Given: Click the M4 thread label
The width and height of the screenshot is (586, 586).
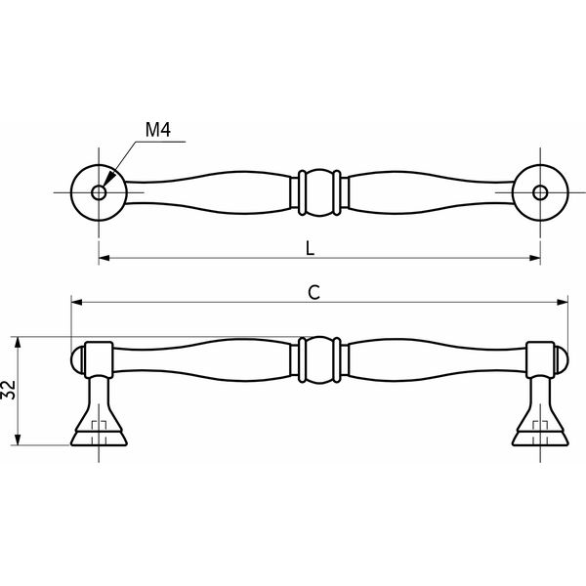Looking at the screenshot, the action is click(x=157, y=130).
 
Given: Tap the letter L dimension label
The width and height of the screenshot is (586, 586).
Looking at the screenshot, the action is click(x=310, y=248).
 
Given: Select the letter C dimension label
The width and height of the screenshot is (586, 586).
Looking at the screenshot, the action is click(x=314, y=293).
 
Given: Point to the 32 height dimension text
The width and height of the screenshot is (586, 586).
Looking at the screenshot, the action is click(x=8, y=390).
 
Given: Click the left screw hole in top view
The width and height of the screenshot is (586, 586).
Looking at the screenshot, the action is click(x=99, y=192).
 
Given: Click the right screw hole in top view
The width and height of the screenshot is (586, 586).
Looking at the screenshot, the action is click(x=540, y=192).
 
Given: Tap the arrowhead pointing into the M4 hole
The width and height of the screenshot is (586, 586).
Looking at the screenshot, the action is click(x=108, y=179).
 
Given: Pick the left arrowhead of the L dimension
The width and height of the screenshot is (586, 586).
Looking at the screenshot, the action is click(x=105, y=258).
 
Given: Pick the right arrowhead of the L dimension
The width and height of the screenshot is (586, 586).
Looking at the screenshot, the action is click(x=535, y=258).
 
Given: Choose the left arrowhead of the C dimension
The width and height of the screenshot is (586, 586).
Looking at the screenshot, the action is click(x=76, y=302).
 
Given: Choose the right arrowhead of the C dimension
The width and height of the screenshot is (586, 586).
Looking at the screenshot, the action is click(x=563, y=302).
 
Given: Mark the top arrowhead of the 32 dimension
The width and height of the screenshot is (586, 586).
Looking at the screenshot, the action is click(x=18, y=342).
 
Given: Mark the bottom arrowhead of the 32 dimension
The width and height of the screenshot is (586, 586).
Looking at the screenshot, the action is click(x=18, y=439).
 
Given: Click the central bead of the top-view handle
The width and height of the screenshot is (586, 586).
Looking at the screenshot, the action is click(x=319, y=192).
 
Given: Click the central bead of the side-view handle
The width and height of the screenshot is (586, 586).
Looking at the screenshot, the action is click(x=319, y=359).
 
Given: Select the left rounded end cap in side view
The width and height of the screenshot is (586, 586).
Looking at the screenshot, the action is click(x=78, y=359).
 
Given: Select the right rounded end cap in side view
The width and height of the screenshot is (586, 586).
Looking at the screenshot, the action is click(x=561, y=359).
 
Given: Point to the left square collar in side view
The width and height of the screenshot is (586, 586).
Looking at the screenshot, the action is click(x=99, y=359).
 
